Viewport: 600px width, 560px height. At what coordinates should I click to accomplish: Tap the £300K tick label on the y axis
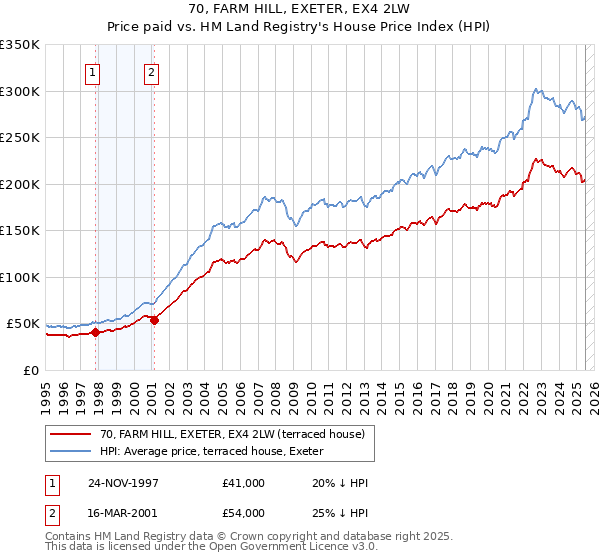pos(20,91)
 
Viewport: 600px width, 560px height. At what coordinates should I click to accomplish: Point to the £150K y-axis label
pos(20,231)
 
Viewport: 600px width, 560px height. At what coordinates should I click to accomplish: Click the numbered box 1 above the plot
pos(92,72)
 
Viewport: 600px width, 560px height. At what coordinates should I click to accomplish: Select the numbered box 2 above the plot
pos(151,72)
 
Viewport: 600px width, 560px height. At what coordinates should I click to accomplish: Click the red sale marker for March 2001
pos(154,320)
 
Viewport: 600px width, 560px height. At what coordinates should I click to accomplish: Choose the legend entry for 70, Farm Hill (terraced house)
pos(238,434)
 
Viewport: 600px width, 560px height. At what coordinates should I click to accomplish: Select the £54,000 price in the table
pos(243,512)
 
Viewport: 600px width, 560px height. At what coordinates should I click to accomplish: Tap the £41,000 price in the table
pos(243,483)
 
